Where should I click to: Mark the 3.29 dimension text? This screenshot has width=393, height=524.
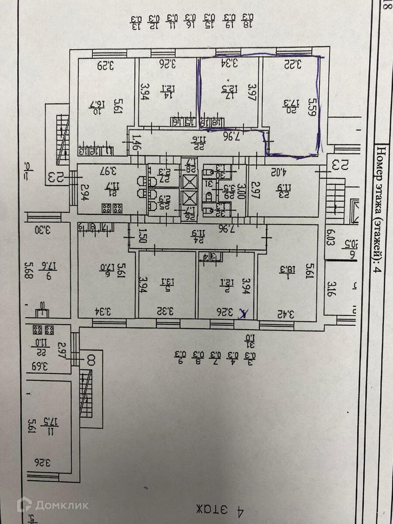104,66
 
